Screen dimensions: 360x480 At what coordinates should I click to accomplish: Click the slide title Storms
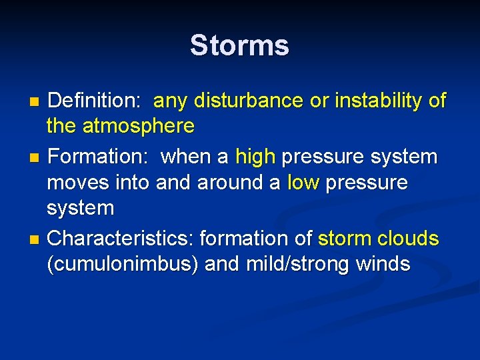click(x=239, y=46)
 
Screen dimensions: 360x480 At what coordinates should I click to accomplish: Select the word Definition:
click(x=95, y=101)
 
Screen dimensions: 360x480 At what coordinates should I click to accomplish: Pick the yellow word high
click(x=255, y=157)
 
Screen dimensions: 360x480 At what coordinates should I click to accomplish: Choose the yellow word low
click(x=303, y=183)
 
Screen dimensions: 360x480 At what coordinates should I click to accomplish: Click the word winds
click(x=383, y=265)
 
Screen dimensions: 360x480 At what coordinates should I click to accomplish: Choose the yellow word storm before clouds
click(x=344, y=239)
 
